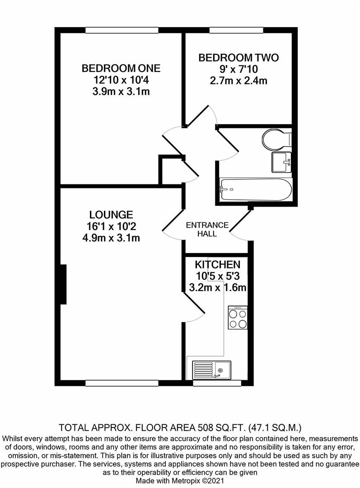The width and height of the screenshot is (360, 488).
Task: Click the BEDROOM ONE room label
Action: [121, 69]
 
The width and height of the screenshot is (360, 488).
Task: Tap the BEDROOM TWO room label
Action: [238, 58]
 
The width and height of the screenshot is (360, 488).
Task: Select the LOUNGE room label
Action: [111, 215]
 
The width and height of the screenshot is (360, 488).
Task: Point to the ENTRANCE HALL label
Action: [207, 230]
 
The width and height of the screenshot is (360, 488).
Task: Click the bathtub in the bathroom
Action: [255, 190]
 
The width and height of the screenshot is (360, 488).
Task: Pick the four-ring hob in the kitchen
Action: [238, 318]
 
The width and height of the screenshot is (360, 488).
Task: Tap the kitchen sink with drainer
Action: [211, 369]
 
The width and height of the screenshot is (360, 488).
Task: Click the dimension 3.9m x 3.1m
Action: [121, 92]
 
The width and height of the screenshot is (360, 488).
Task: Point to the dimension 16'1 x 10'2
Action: [111, 226]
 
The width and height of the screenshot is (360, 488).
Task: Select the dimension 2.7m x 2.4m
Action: [238, 81]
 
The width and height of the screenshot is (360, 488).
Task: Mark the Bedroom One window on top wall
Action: [122, 30]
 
